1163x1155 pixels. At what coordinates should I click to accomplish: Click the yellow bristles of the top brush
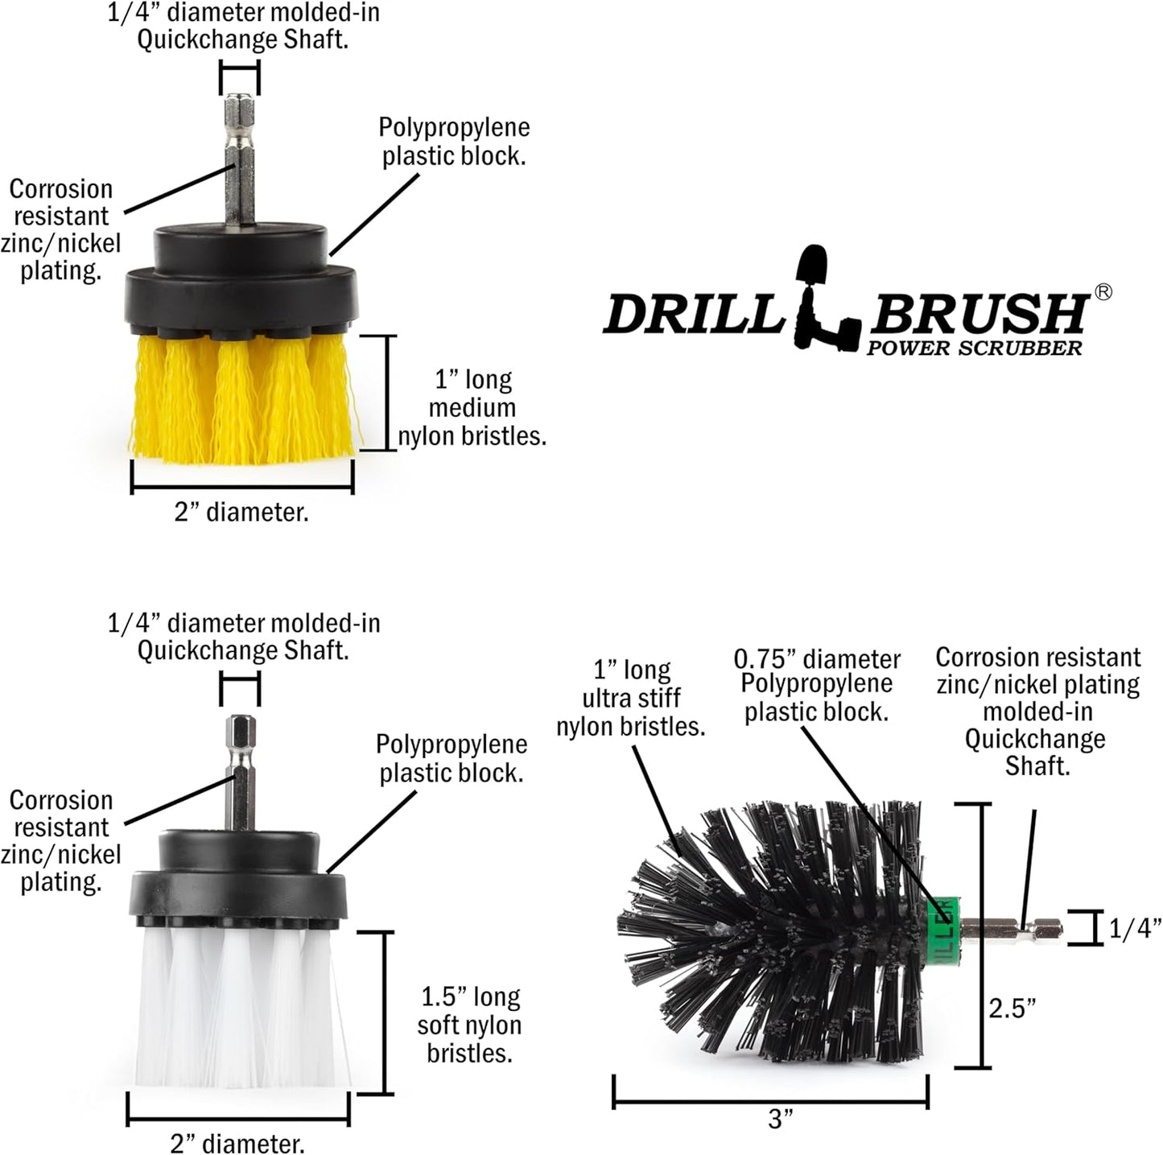[x=241, y=398]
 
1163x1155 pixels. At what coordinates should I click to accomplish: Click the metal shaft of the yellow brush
[x=240, y=161]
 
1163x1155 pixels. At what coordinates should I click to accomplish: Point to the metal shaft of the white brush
[x=241, y=773]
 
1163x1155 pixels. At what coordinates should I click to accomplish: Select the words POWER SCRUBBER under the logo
[x=974, y=349]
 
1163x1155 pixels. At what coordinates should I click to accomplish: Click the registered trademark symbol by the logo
[x=1103, y=292]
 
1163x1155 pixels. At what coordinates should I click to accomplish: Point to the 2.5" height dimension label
[x=1012, y=1008]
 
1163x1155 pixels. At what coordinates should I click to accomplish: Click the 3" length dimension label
[x=780, y=1119]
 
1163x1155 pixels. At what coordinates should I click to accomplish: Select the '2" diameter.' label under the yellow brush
[x=241, y=512]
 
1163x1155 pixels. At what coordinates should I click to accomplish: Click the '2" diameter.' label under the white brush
[x=237, y=1143]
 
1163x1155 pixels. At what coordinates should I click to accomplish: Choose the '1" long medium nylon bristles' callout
[x=472, y=408]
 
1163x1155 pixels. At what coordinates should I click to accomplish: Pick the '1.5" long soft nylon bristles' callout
[x=470, y=1025]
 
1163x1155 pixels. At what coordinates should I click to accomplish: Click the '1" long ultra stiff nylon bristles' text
[x=631, y=699]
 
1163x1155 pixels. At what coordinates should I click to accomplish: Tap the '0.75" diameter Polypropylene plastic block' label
[x=816, y=685]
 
